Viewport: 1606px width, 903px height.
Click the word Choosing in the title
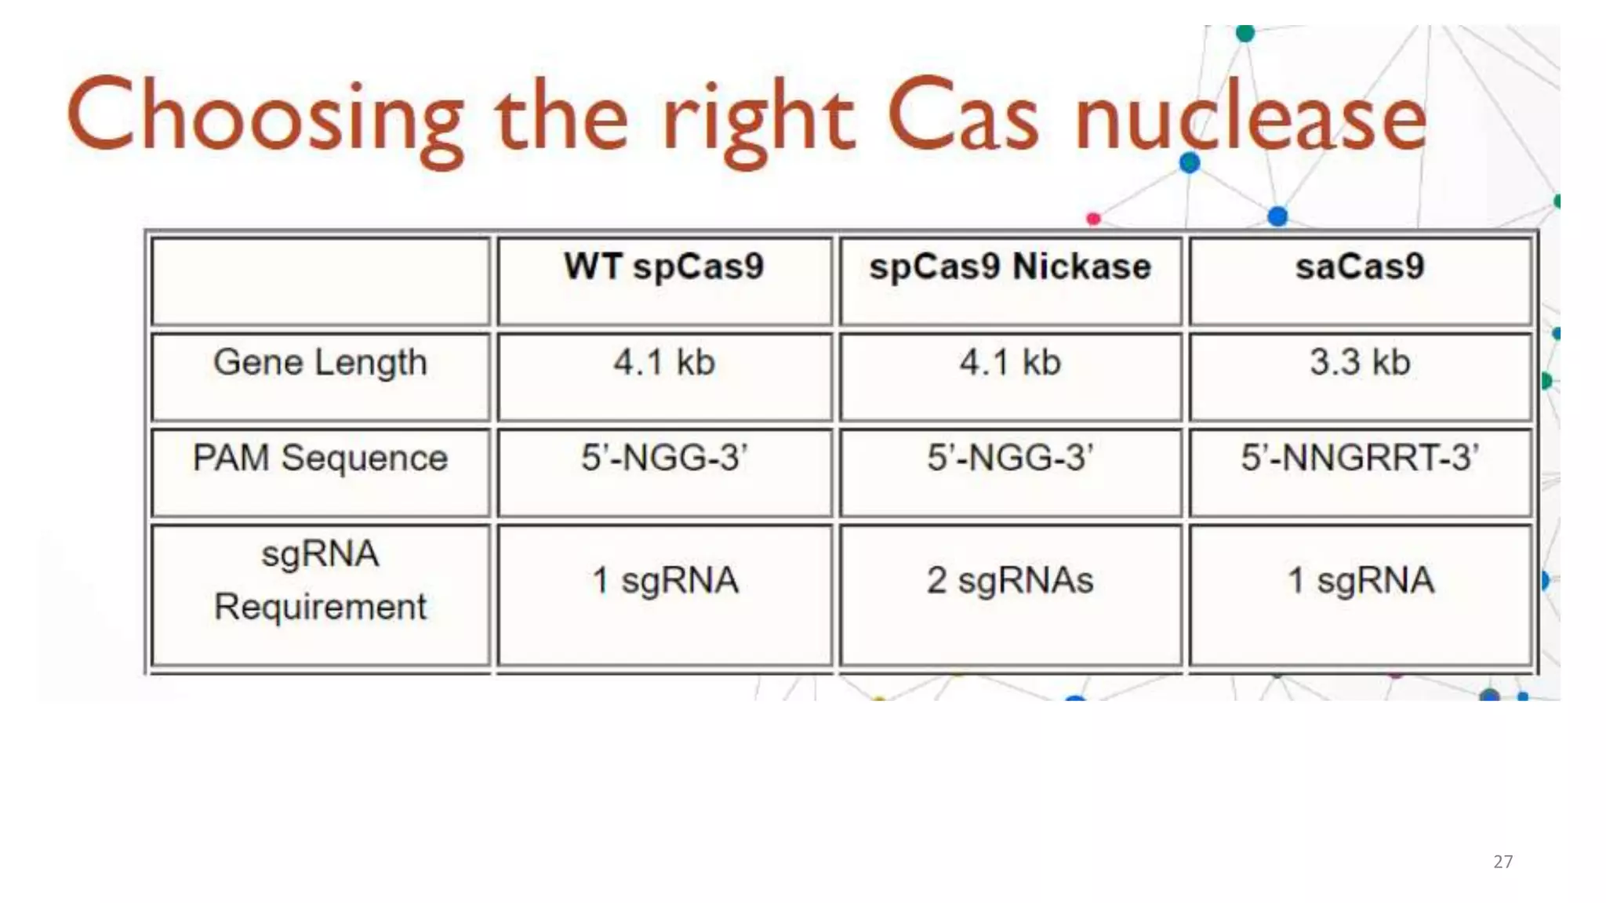pos(265,118)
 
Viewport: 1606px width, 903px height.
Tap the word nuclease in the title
pos(1250,118)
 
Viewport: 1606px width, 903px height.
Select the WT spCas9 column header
pos(663,267)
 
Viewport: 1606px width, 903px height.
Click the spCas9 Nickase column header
pos(1010,267)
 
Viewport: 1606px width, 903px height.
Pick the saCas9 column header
pos(1360,267)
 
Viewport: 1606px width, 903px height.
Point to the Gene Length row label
pos(320,363)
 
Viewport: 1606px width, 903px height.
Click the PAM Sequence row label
pos(320,458)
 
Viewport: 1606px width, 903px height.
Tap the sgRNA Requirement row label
pos(320,580)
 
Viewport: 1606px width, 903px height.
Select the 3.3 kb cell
pos(1360,363)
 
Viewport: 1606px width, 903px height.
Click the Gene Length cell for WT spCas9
pos(663,363)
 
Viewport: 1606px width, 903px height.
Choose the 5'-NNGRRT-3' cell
pos(1360,458)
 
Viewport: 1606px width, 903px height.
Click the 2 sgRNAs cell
pos(1010,581)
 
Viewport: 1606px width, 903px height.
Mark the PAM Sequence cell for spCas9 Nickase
pos(1010,458)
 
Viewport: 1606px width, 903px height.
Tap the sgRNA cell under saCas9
pos(1360,581)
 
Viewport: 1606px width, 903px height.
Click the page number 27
pos(1502,861)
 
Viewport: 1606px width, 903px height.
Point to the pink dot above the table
pos(1093,219)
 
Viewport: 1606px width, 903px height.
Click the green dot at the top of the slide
pos(1244,34)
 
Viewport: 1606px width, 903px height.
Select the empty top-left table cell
pos(320,281)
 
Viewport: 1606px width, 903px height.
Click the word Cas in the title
pos(963,118)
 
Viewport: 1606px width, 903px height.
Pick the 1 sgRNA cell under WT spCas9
pos(663,581)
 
